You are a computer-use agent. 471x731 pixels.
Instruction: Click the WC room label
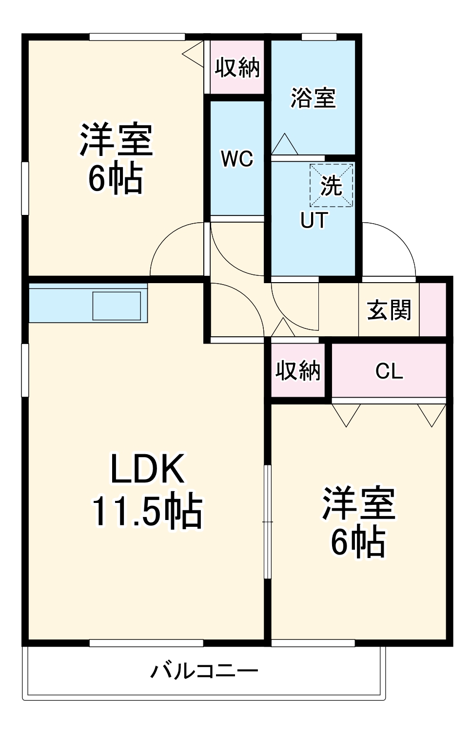click(x=237, y=159)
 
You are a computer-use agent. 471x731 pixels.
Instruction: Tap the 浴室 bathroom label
click(x=313, y=98)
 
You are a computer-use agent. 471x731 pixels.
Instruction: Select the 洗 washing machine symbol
click(x=332, y=185)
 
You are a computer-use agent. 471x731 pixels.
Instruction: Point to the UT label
click(x=314, y=220)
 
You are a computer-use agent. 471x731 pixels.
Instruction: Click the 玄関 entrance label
click(x=389, y=310)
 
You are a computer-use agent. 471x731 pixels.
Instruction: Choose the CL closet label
click(x=389, y=371)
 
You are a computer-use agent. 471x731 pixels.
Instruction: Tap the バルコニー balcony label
click(x=204, y=672)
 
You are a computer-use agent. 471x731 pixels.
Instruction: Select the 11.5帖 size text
click(x=147, y=511)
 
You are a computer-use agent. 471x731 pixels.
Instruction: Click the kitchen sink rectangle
click(x=117, y=306)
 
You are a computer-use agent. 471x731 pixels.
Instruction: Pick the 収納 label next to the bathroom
click(x=237, y=67)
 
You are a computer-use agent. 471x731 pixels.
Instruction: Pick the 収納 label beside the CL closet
click(x=297, y=371)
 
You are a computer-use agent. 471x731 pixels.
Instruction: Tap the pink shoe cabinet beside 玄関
click(x=432, y=309)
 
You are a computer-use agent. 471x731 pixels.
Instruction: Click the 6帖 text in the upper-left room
click(x=116, y=179)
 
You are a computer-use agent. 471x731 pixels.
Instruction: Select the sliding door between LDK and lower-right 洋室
click(x=267, y=521)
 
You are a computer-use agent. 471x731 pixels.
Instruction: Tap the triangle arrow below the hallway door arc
click(x=282, y=328)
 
